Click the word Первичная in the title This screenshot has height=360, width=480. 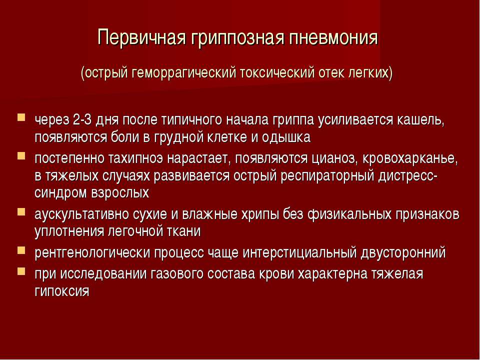141,37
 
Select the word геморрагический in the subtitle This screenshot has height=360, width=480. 184,73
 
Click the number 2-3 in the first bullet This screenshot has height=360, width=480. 82,119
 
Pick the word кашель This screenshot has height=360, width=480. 421,120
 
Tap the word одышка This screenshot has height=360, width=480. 286,137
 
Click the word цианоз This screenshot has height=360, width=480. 335,159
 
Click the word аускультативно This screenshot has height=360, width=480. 81,214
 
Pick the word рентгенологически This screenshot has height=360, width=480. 92,253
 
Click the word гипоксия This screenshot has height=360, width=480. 62,291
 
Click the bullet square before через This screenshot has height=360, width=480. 21,117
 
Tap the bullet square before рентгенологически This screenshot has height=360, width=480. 21,250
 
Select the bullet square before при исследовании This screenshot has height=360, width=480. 21,271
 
